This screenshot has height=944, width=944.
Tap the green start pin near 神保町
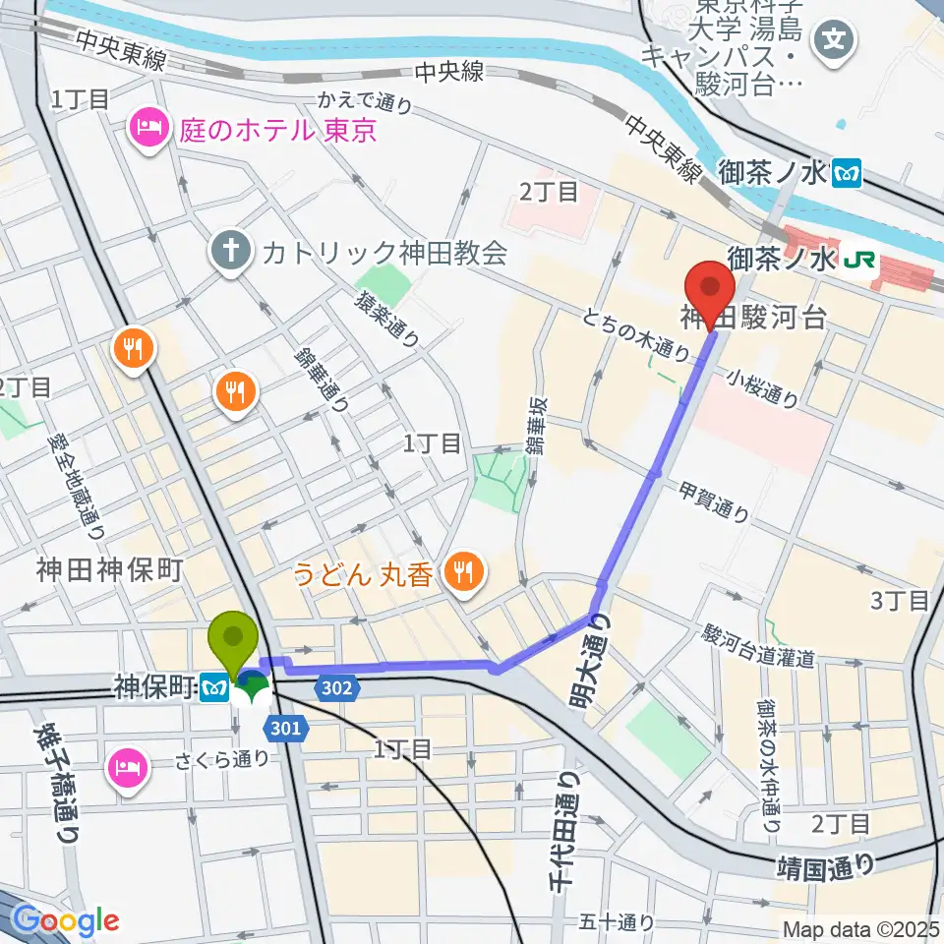pyautogui.click(x=234, y=638)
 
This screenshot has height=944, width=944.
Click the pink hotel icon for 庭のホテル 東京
pyautogui.click(x=150, y=128)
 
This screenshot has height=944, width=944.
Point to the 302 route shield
pyautogui.click(x=336, y=688)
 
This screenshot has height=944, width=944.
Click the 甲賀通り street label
pyautogui.click(x=714, y=501)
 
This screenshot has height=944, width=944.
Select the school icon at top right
pyautogui.click(x=835, y=40)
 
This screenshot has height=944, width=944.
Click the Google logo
pyautogui.click(x=66, y=921)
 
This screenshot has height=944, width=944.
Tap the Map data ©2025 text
pyautogui.click(x=860, y=928)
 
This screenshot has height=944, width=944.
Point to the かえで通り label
pyautogui.click(x=363, y=101)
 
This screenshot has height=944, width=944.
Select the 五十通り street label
pyautogui.click(x=617, y=921)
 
